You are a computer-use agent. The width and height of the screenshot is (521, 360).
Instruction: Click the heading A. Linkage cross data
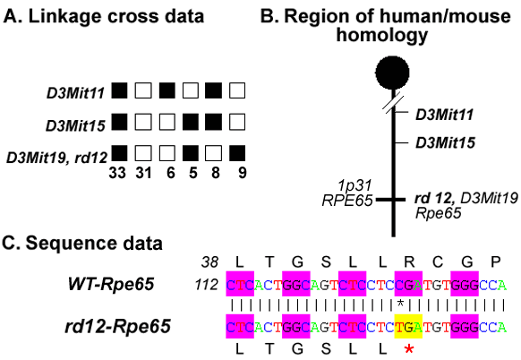pos(104,17)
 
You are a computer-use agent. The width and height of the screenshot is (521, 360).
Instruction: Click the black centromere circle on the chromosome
pos(392,73)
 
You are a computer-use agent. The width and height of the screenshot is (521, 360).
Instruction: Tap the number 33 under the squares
pos(117,173)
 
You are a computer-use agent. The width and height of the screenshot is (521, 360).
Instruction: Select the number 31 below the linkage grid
pos(143,173)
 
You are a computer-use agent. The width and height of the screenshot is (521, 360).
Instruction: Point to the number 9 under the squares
pos(243,173)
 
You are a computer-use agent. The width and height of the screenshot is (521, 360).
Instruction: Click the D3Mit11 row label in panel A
pos(76,93)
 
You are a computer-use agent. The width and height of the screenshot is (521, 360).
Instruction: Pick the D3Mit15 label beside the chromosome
pos(445,142)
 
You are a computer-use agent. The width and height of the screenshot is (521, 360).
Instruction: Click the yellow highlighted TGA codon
pos(408,327)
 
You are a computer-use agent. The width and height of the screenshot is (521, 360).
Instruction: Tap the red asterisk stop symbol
pos(409,349)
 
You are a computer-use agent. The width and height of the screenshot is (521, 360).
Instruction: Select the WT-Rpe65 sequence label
pos(111,284)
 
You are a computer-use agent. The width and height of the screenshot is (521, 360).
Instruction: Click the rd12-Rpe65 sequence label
pos(117,326)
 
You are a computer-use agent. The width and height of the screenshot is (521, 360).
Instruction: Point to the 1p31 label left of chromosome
pos(354,185)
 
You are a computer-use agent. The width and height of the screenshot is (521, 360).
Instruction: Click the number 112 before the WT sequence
pos(206,285)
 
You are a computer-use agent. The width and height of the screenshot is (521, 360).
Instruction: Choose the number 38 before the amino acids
pos(210,262)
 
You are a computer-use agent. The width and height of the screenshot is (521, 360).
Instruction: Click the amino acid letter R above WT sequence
pos(409,262)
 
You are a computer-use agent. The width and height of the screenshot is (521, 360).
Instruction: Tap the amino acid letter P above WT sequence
pos(495,262)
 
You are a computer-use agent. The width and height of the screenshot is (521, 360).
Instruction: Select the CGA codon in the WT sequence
pos(408,284)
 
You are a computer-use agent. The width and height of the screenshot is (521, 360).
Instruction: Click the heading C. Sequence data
pos(82,243)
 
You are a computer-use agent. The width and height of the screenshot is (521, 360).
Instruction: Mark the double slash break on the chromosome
pos(393,104)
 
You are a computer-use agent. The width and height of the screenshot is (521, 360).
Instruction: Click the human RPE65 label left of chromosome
pos(347,201)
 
